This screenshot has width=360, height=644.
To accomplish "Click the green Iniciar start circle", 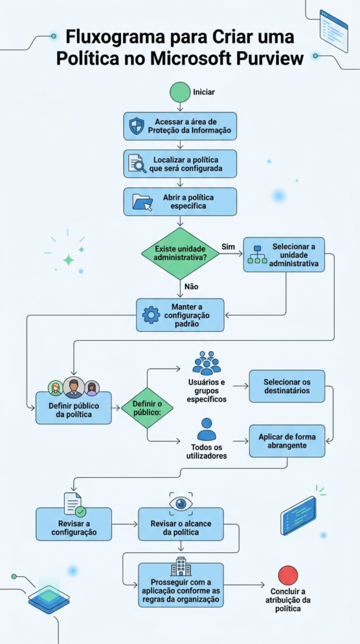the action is pos(180,92).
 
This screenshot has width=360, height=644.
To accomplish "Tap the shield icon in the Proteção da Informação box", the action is pos(137,126).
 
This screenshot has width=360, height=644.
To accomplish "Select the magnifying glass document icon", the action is pos(137,164).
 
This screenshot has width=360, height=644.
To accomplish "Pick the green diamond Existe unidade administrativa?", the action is pos(180,253).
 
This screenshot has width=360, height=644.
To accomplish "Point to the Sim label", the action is pos(228,247).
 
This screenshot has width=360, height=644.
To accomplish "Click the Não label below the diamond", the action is pos(191,287).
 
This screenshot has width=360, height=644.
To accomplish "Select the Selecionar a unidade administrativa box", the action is pos(284,255).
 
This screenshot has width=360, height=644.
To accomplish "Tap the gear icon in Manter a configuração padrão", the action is pos(151,315).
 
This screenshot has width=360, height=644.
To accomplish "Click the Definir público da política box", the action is pos(74,408).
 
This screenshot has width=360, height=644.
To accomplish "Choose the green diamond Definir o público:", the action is pos(147,408).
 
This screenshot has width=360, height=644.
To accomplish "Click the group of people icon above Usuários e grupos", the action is pos(206,363).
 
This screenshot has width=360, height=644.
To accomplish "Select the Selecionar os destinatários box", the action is pos(287,386).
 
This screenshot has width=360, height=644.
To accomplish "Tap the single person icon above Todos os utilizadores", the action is pos(206,429).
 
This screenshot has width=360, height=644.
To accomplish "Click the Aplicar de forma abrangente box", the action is pos(287,441).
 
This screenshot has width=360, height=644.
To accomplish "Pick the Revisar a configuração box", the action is pos(74,524).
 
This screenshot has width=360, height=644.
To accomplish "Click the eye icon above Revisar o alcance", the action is pos(181,502).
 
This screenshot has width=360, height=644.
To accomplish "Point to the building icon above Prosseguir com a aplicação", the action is pos(181,567).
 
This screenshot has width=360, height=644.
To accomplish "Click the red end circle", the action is pos(288,575).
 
